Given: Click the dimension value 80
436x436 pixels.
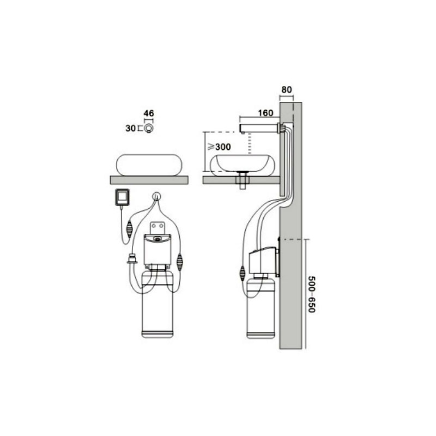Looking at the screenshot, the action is click(x=287, y=90).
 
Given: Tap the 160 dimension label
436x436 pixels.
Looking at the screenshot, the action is click(x=265, y=113).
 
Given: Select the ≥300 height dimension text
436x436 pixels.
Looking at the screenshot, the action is click(x=220, y=147).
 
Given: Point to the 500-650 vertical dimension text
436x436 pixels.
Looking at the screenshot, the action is click(x=312, y=294).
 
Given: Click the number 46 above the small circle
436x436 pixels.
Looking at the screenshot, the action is click(x=149, y=113).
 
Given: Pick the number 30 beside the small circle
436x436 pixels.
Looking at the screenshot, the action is click(x=130, y=129).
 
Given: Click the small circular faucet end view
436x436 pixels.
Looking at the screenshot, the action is click(x=149, y=128).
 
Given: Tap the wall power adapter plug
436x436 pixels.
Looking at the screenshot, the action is click(x=122, y=197).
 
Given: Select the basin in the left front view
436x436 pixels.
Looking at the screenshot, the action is click(x=149, y=165).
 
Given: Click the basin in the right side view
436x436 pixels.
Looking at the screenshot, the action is click(x=242, y=165).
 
